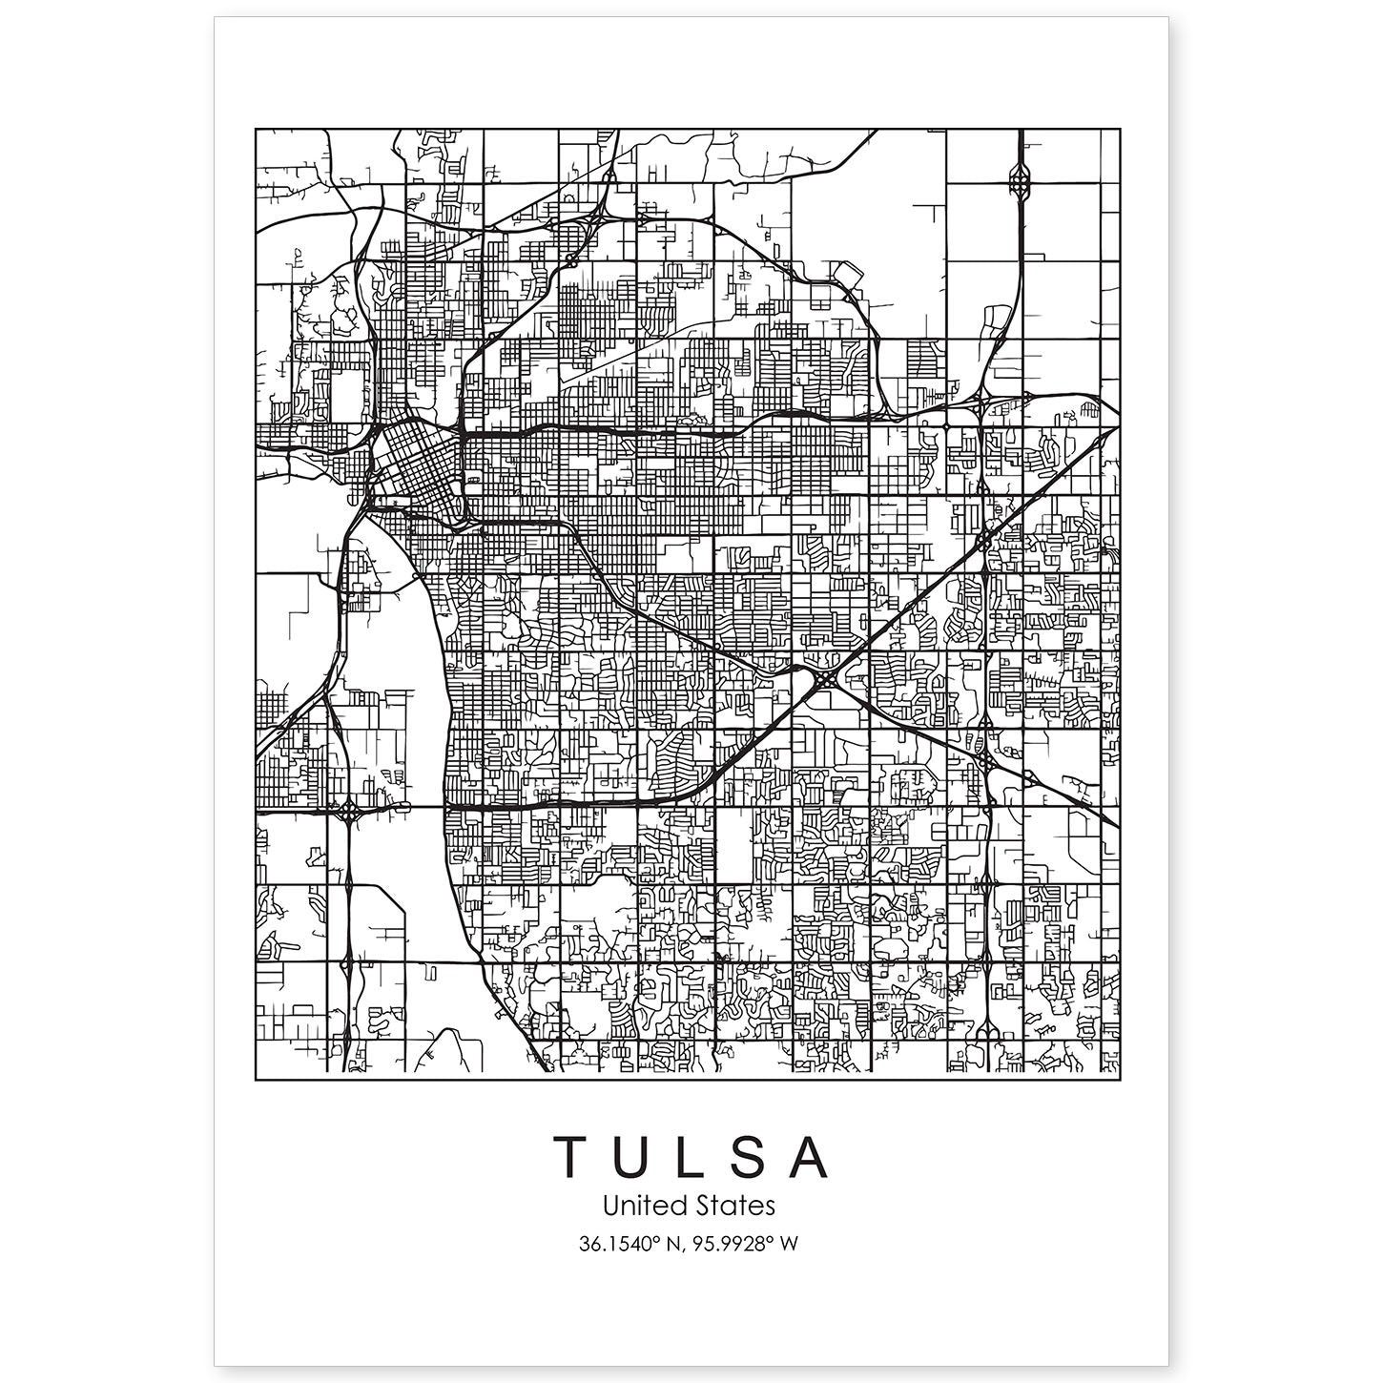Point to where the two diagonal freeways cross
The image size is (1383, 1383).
click(826, 680)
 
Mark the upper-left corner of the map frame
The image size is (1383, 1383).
click(257, 129)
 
